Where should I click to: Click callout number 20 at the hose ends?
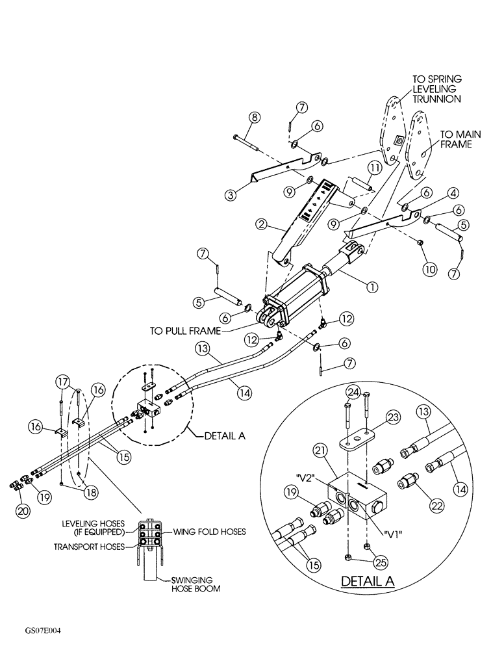[x=23, y=511]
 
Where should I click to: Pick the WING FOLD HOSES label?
[x=209, y=531]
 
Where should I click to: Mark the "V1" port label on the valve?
[x=392, y=536]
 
